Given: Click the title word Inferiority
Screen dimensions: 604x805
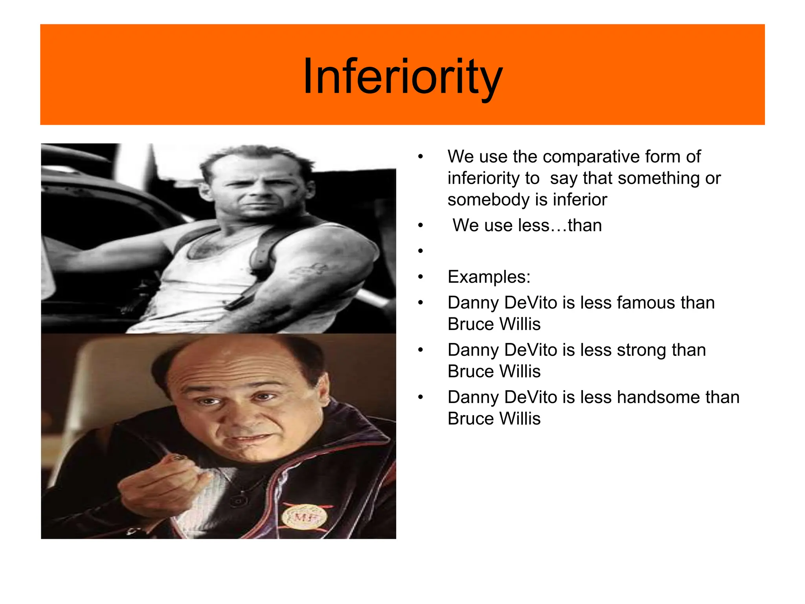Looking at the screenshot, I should [x=402, y=76].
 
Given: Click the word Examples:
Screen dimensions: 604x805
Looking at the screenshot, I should [x=489, y=277].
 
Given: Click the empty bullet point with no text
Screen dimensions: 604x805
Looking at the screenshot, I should [x=420, y=251].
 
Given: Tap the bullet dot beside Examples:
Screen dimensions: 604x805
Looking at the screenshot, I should [x=420, y=277].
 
